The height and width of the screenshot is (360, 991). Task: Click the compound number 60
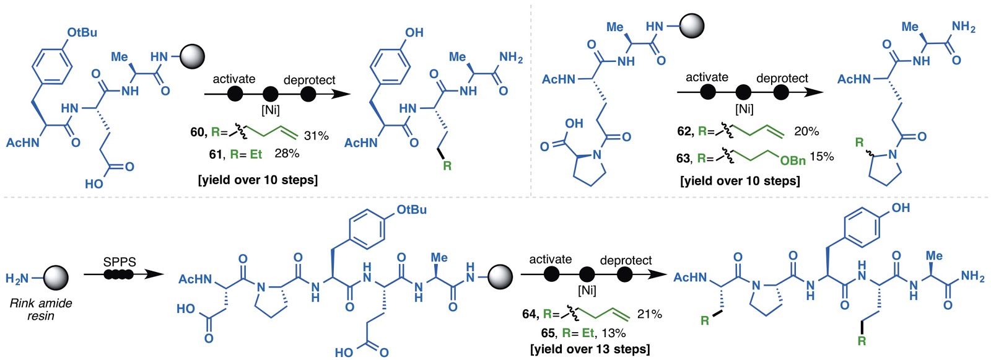[198, 133]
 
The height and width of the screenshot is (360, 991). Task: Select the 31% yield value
[316, 136]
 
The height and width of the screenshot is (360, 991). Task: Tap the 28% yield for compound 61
[287, 153]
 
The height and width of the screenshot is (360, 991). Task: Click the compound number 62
[684, 131]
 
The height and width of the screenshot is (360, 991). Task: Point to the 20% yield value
[806, 131]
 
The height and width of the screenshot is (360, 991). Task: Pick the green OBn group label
[793, 160]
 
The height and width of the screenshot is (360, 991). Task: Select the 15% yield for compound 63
[822, 157]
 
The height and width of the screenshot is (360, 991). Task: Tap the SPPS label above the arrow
[120, 262]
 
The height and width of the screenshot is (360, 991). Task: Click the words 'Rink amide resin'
[41, 309]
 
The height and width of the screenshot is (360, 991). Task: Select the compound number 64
[530, 314]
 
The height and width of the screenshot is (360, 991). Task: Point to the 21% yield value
[650, 314]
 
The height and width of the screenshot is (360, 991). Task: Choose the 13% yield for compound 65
[614, 333]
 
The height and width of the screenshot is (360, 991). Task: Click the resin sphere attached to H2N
[56, 278]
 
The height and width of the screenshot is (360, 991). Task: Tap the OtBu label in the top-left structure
[82, 32]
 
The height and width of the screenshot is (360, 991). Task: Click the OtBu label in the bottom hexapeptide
[412, 209]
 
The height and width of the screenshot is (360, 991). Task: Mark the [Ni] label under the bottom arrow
[587, 290]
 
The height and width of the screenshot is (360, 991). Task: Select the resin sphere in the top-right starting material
[692, 26]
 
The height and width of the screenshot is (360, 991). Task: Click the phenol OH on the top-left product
[414, 32]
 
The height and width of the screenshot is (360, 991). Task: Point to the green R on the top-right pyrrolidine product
[859, 143]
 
